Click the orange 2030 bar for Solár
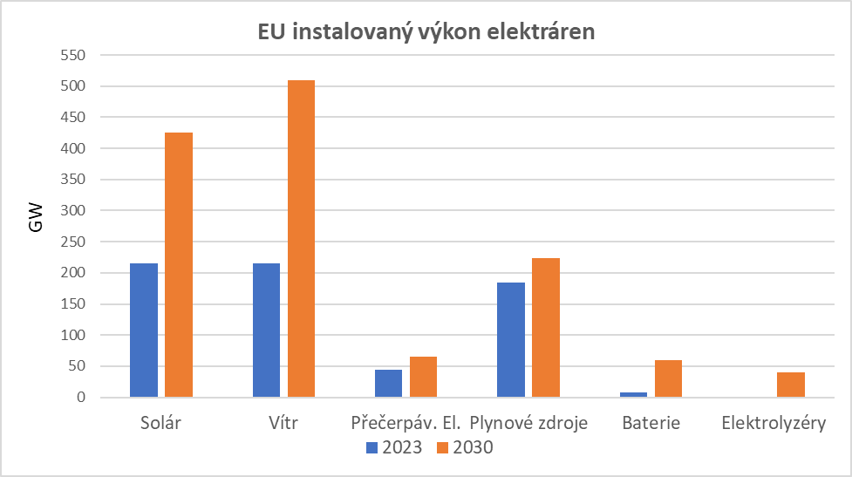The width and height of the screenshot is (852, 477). [179, 265]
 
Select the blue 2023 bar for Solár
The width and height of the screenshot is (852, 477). [144, 330]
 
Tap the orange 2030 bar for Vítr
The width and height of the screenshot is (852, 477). [301, 239]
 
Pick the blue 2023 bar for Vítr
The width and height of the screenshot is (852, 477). [266, 330]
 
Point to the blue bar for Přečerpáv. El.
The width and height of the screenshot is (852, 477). [388, 384]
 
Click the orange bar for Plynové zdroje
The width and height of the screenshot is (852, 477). [546, 328]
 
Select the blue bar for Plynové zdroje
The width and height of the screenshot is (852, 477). [511, 340]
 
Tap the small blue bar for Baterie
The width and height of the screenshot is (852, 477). [633, 395]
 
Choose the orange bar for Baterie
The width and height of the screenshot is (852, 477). [668, 378]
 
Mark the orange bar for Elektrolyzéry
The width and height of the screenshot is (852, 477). [791, 385]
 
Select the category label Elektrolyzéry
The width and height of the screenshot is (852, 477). [774, 424]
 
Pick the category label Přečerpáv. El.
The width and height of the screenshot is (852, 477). [406, 424]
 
